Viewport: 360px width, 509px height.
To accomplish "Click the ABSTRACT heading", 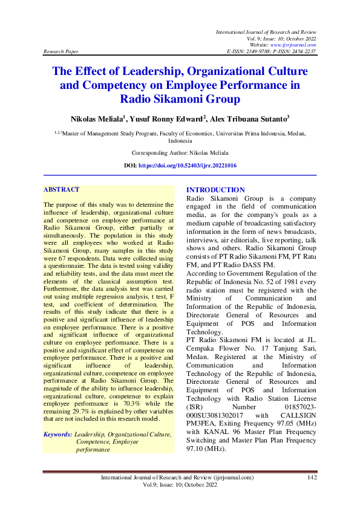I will tap(61, 190).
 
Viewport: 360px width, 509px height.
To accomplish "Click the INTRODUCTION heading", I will tap(215, 190).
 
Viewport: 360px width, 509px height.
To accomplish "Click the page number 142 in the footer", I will tap(312, 478).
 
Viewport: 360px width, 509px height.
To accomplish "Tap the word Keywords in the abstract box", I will tap(58, 434).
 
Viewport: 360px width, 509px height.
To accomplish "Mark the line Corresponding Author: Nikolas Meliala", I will tap(180, 154).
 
